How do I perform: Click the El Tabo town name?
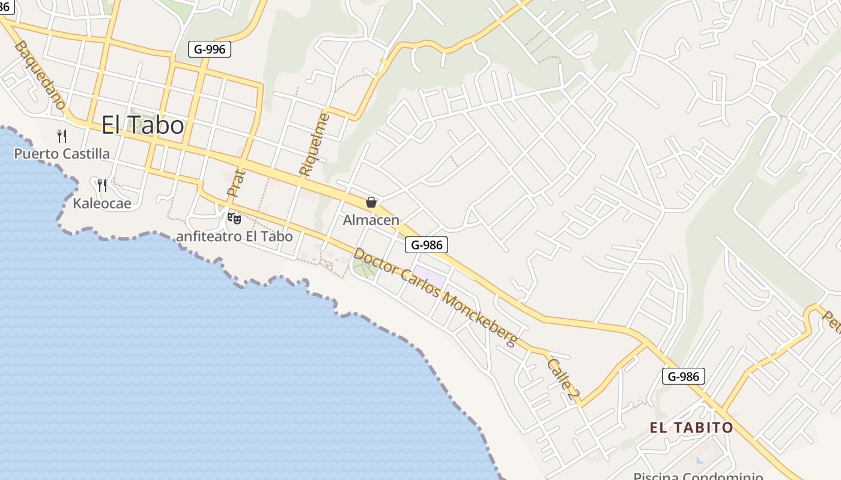pyautogui.click(x=142, y=125)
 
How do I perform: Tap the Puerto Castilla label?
pyautogui.click(x=62, y=154)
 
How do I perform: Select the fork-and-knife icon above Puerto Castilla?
pyautogui.click(x=61, y=136)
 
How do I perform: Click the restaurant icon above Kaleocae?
pyautogui.click(x=102, y=185)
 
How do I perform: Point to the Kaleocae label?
pyautogui.click(x=102, y=203)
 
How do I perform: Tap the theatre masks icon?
pyautogui.click(x=234, y=218)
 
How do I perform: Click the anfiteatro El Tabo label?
pyautogui.click(x=234, y=236)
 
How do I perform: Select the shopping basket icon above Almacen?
pyautogui.click(x=371, y=202)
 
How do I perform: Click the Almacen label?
pyautogui.click(x=371, y=220)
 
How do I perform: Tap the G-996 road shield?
pyautogui.click(x=210, y=49)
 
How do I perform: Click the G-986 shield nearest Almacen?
pyautogui.click(x=427, y=244)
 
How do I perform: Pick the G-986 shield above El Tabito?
pyautogui.click(x=684, y=376)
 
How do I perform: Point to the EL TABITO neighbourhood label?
pyautogui.click(x=691, y=427)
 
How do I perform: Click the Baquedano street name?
pyautogui.click(x=40, y=75)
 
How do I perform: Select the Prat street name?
pyautogui.click(x=237, y=184)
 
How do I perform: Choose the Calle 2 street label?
pyautogui.click(x=563, y=380)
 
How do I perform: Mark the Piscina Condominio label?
pyautogui.click(x=698, y=476)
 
